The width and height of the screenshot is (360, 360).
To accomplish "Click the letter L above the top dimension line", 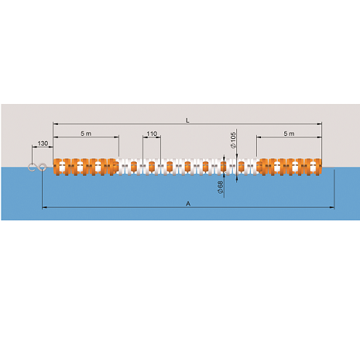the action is point(188,120).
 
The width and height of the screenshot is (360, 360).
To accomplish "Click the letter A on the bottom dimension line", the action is point(188,204).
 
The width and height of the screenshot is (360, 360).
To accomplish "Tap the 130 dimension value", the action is point(43,143).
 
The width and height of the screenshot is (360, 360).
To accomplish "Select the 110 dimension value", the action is point(152,134).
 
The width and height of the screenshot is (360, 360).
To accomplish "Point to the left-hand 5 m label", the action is point(86,134).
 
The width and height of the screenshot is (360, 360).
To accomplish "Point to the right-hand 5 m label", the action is point(289,134).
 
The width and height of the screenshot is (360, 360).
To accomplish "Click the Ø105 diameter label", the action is point(233,140).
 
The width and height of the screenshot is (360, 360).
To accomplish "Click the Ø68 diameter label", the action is point(220,188).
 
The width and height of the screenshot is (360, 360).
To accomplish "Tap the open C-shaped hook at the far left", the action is point(31,167).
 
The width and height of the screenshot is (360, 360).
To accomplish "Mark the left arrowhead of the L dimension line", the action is point(55,124).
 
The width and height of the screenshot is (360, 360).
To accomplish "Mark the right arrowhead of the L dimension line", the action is point(319,124).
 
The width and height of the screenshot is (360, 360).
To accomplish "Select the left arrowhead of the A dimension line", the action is point(45,207).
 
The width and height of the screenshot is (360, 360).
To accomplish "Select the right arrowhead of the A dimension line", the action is point(332,207).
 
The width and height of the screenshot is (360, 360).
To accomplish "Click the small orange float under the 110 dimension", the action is point(151,166).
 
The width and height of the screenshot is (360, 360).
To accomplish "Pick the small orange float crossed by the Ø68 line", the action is point(223,166).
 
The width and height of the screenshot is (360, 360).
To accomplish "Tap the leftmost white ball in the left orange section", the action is point(62,166).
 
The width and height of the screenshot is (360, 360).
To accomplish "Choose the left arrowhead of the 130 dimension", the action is point(35,147).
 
